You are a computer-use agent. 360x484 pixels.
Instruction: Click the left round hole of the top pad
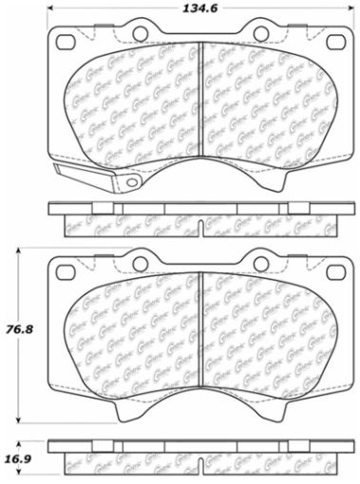click(x=141, y=34)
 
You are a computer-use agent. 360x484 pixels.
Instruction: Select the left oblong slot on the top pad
click(x=66, y=42)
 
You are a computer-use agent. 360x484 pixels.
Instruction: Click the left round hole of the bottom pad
click(x=141, y=261)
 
